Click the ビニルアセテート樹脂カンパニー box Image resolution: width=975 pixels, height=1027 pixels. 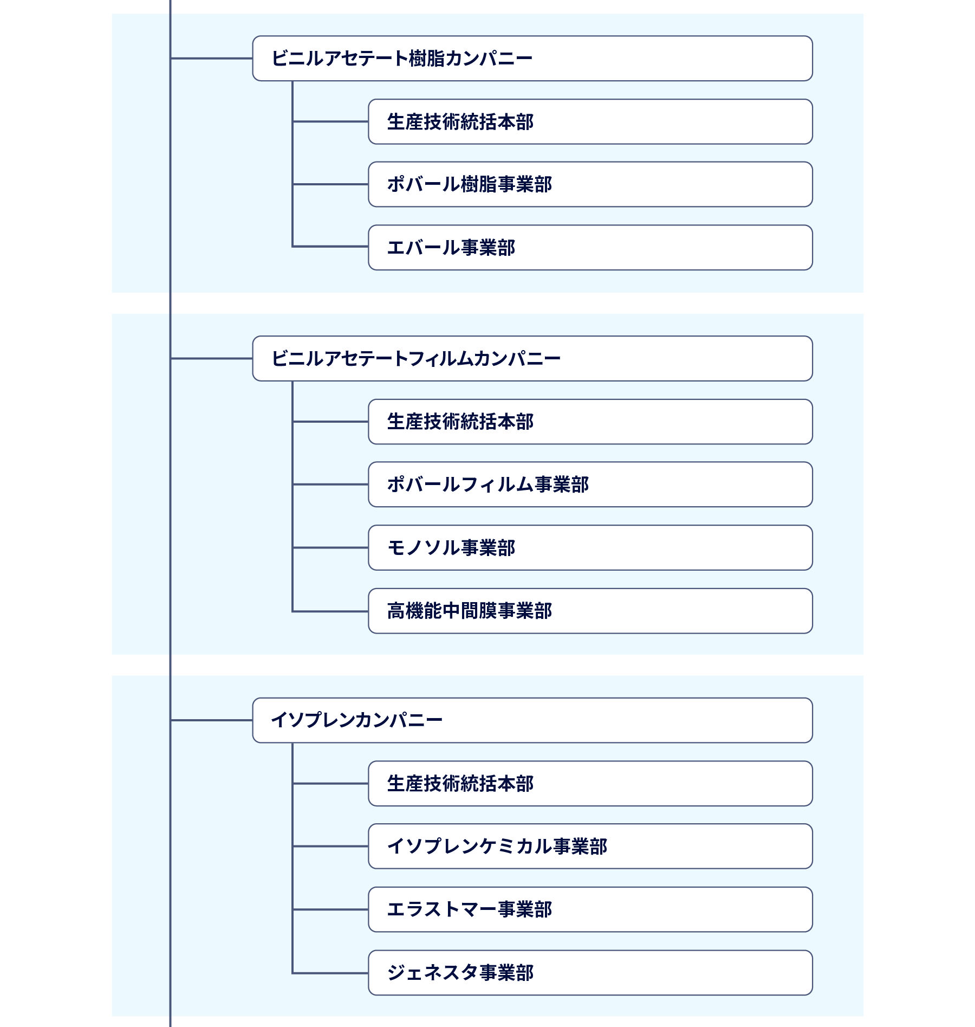tap(532, 59)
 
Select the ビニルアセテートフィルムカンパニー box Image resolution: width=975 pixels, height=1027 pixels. tap(532, 358)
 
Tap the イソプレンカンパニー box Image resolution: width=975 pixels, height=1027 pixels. tap(532, 720)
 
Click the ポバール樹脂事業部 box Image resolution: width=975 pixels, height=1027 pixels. tap(590, 184)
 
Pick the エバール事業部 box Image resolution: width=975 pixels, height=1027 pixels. tap(590, 248)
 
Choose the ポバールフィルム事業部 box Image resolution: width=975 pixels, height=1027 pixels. tap(590, 485)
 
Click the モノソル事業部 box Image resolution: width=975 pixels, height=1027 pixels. tap(590, 547)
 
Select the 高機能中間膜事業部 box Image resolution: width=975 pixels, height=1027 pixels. tap(590, 611)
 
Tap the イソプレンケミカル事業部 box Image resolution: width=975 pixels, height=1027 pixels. tap(590, 846)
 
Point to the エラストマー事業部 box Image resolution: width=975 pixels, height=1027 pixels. tap(590, 909)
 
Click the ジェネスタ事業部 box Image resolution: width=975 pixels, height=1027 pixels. tap(590, 973)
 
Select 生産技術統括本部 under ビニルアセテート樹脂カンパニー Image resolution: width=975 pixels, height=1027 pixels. tap(590, 121)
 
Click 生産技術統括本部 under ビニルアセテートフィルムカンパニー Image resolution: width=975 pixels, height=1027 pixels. tap(590, 422)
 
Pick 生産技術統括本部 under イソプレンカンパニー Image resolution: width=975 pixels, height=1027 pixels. tap(590, 784)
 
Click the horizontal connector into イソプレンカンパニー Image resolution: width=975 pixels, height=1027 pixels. tap(211, 720)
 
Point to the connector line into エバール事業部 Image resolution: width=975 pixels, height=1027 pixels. tap(330, 247)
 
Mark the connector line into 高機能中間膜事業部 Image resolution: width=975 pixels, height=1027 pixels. tap(330, 611)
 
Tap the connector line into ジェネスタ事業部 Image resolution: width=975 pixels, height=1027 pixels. tap(330, 973)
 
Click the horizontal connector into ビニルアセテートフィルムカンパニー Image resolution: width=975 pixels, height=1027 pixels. tap(211, 358)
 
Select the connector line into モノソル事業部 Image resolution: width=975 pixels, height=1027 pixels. tap(330, 547)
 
